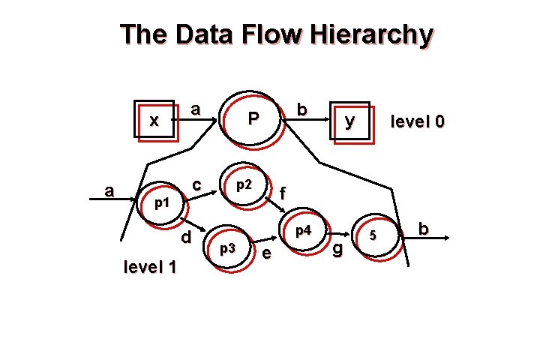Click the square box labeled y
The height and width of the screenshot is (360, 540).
coord(349,120)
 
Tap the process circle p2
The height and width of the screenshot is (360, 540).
coord(243,184)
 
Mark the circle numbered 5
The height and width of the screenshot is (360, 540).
coord(379,237)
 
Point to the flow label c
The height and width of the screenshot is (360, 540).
coord(196,184)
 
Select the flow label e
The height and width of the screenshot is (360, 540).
coord(266,254)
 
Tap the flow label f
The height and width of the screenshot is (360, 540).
coord(282,193)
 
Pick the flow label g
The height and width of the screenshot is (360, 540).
coord(337,248)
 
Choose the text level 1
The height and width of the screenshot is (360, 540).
coord(150,266)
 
